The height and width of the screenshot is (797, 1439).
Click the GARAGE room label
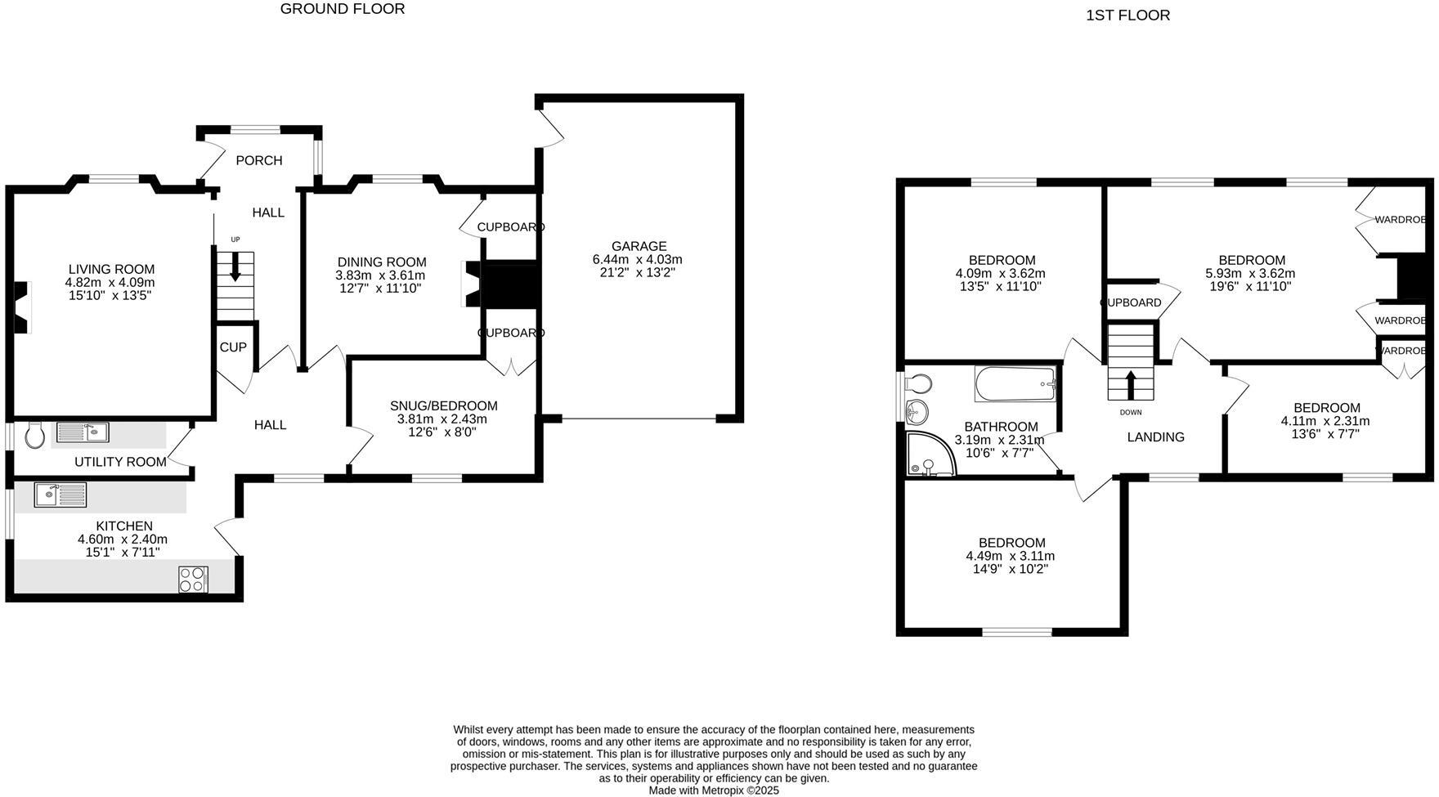(x=639, y=246)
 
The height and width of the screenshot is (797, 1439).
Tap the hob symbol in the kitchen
(x=193, y=579)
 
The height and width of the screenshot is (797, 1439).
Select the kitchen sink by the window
(x=60, y=495)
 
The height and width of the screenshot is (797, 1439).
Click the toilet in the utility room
(x=34, y=435)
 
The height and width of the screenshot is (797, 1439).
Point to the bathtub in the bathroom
(x=1015, y=383)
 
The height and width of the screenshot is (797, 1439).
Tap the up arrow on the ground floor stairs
(x=236, y=267)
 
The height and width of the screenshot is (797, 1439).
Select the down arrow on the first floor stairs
(x=1131, y=383)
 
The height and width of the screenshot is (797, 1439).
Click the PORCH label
(x=259, y=160)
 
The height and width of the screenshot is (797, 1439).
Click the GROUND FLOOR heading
(x=343, y=9)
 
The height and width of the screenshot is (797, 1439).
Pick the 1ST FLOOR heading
(x=1127, y=15)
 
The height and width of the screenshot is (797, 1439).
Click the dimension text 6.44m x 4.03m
(x=638, y=259)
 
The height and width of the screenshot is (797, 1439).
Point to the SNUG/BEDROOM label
(x=443, y=405)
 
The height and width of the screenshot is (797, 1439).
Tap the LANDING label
(x=1155, y=437)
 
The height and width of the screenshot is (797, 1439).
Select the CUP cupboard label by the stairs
(x=233, y=347)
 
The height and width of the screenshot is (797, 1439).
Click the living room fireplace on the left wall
(x=21, y=307)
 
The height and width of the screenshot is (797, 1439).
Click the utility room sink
(x=83, y=432)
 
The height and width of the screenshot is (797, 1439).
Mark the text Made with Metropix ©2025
(x=714, y=790)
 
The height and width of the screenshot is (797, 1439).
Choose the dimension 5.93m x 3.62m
(x=1250, y=273)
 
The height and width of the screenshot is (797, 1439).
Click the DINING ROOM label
(x=382, y=262)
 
